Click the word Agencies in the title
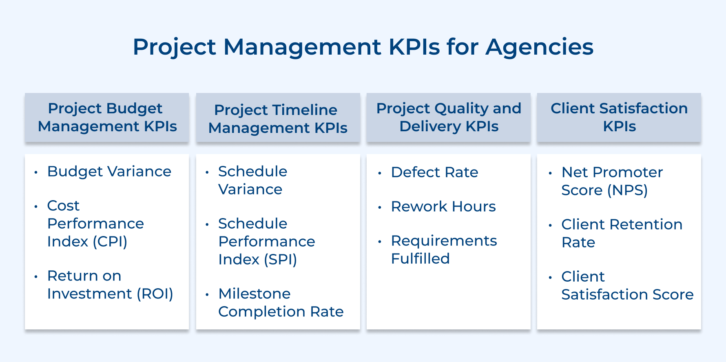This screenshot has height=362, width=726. (x=539, y=47)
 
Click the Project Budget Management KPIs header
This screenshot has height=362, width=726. (x=107, y=117)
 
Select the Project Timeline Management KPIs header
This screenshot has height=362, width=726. (x=277, y=119)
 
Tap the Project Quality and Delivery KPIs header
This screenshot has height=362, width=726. (x=449, y=117)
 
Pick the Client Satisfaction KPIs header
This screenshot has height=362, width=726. (x=619, y=117)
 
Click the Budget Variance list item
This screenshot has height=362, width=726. (x=109, y=172)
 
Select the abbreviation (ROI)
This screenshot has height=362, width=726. (x=155, y=294)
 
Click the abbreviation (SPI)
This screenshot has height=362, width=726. (x=280, y=260)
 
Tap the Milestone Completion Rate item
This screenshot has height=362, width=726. (x=281, y=302)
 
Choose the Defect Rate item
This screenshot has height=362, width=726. (x=434, y=172)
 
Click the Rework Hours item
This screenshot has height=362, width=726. (x=443, y=207)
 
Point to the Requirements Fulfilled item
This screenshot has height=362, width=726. (x=443, y=249)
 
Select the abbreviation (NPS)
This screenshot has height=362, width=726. (x=627, y=190)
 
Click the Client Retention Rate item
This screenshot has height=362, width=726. (x=621, y=233)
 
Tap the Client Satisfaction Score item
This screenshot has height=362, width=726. (x=627, y=285)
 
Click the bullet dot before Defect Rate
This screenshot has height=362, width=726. (x=380, y=173)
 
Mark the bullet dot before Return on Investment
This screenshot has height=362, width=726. (x=36, y=277)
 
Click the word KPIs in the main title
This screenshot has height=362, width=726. (x=414, y=47)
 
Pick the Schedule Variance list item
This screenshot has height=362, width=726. (x=252, y=180)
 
